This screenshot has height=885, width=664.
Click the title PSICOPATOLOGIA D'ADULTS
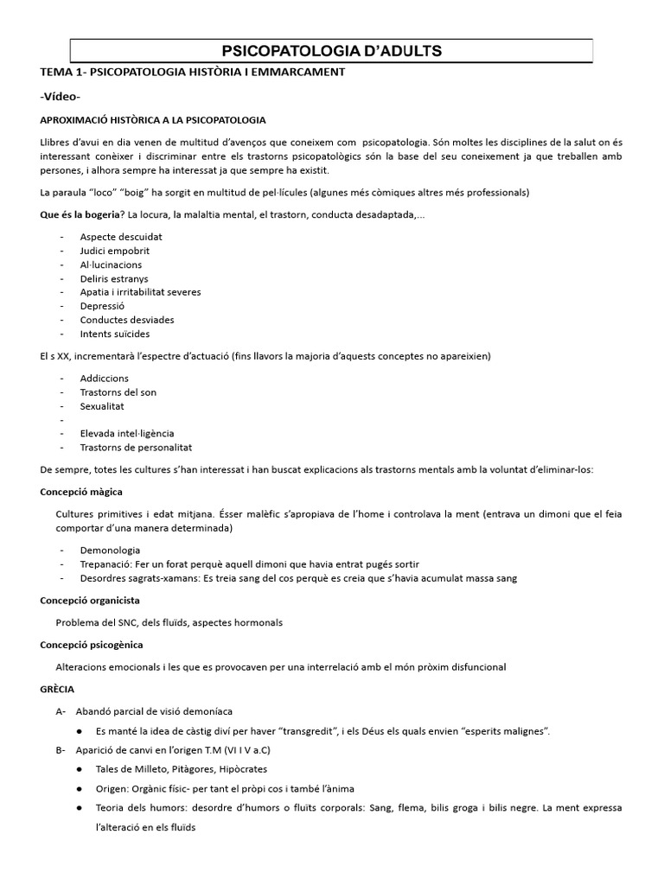coord(332,51)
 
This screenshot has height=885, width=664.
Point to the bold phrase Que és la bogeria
coord(80,214)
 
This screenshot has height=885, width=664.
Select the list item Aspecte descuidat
coord(121,237)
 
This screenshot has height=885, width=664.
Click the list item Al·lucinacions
coord(111,264)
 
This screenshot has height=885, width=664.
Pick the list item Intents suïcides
coord(114,334)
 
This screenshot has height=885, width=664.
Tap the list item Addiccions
coord(104,379)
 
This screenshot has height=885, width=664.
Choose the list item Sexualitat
coord(102,406)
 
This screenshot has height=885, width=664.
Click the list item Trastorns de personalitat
coord(136,448)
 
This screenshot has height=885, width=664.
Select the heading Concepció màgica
coord(81,492)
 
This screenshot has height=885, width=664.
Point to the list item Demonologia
coord(110,550)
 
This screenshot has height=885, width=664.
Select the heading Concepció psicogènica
coord(92,645)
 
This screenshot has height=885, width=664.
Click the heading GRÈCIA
coord(57,690)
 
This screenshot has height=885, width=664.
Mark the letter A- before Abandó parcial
coord(61,711)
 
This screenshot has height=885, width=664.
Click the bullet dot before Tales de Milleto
coord(80,768)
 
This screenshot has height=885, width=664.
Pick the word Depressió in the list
coord(102,306)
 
